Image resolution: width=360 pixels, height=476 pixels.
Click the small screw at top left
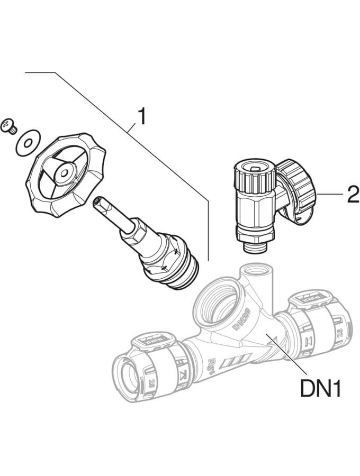click(x=10, y=125)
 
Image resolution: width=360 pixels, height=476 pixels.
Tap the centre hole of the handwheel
click(x=64, y=172)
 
